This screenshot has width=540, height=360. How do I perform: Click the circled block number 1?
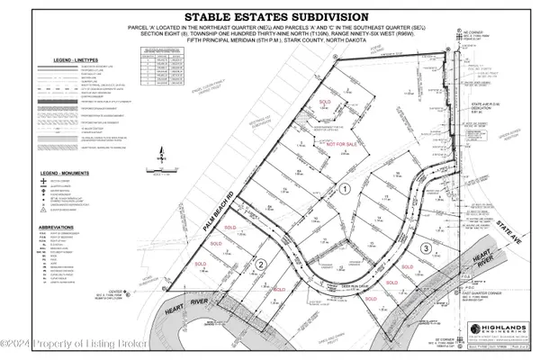click(x=344, y=188)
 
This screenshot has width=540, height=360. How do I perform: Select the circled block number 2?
click(x=258, y=264)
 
